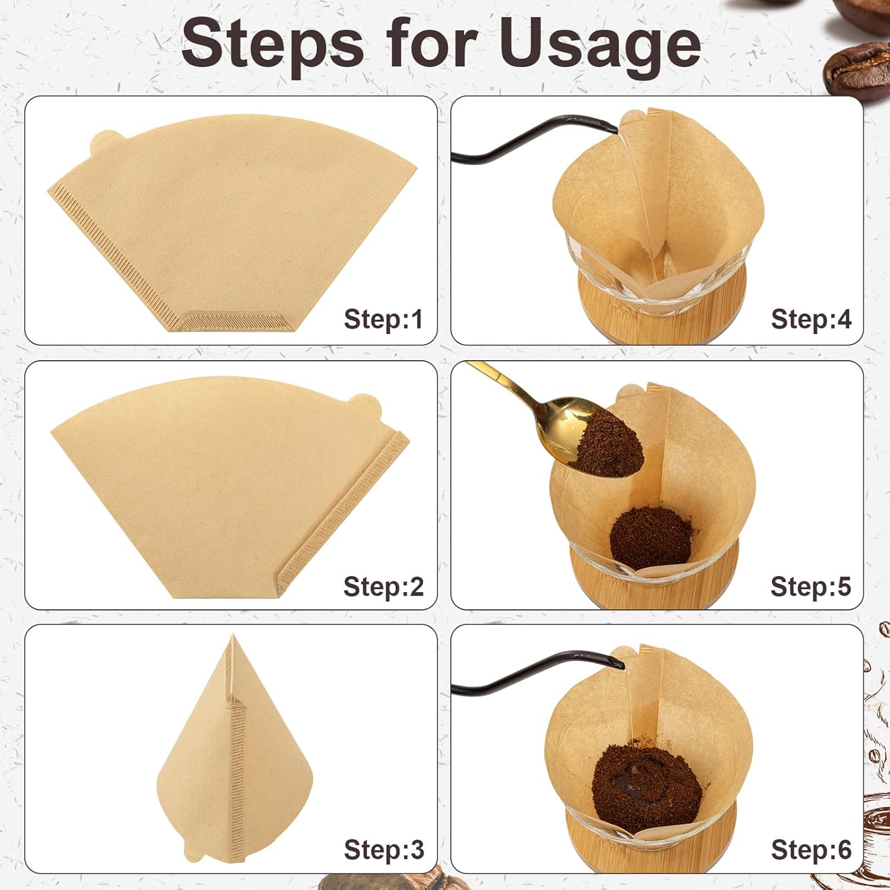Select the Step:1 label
[x=383, y=319]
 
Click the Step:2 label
[x=383, y=586]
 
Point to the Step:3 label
[x=383, y=850]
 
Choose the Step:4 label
[x=810, y=319]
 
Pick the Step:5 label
[x=810, y=586]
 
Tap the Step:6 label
[x=810, y=850]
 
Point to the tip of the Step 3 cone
[x=232, y=637]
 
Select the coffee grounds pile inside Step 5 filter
[x=651, y=537]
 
